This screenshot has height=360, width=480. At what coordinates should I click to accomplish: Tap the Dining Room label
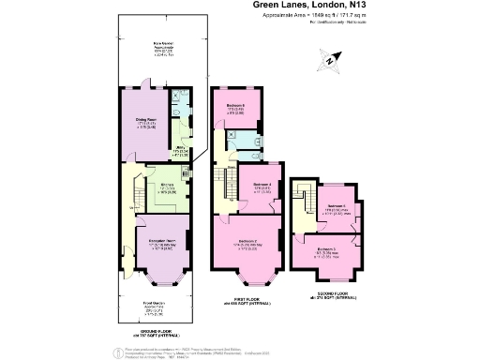coord(144,119)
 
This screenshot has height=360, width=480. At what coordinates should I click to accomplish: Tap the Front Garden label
coord(154,305)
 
